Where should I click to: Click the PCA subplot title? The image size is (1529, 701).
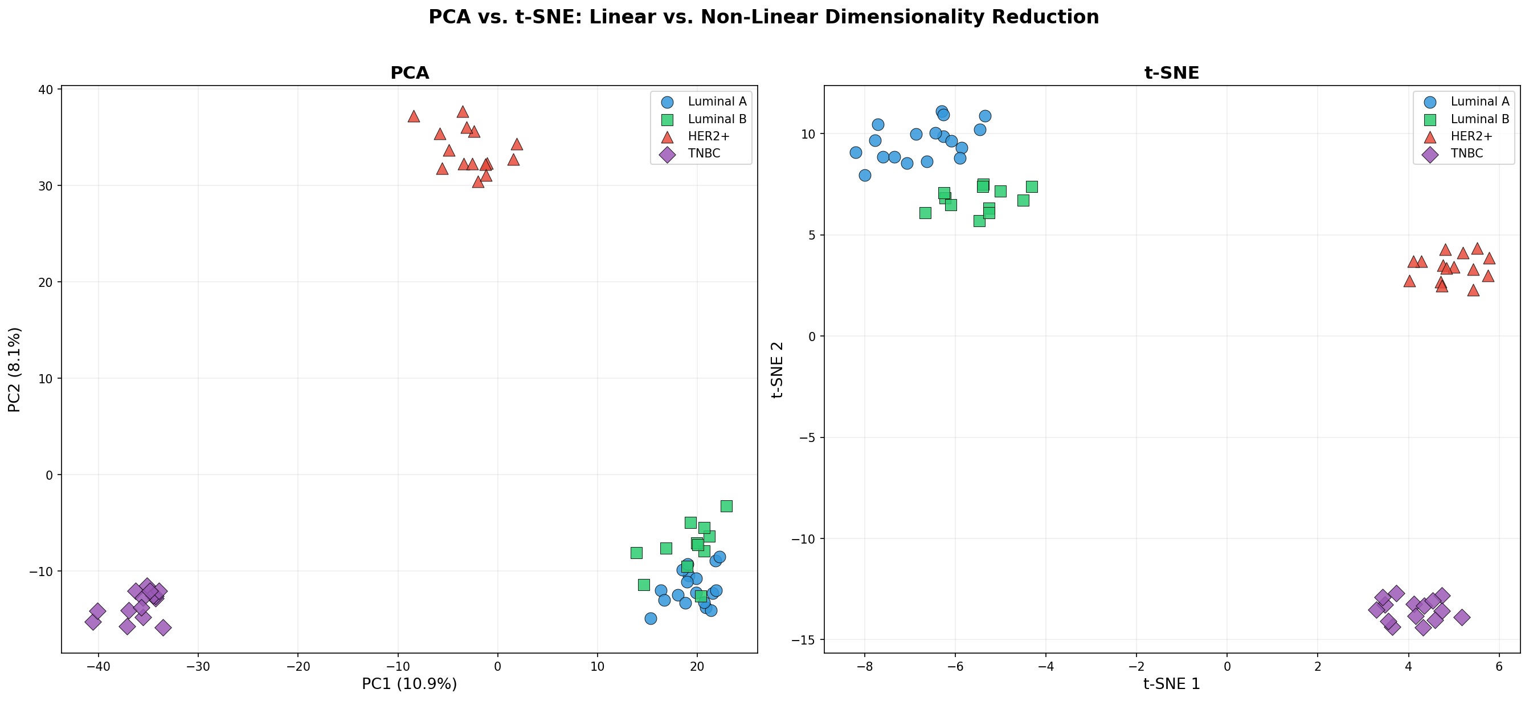click(409, 72)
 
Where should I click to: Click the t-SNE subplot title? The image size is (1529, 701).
click(1171, 72)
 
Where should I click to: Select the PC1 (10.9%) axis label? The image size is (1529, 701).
click(409, 684)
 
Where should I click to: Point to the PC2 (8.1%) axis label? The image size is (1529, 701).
click(14, 369)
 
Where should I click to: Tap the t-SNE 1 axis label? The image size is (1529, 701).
click(1171, 684)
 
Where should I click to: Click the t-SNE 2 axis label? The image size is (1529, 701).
click(777, 369)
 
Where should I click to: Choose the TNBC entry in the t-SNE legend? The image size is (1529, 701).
click(1466, 153)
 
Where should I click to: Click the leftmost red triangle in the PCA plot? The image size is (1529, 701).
click(414, 116)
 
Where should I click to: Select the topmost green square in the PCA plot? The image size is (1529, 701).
click(726, 506)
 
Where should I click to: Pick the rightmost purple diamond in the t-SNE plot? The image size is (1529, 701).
click(1462, 617)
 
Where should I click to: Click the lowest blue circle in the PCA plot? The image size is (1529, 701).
click(651, 618)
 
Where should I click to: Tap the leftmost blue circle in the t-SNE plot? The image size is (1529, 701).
click(855, 153)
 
